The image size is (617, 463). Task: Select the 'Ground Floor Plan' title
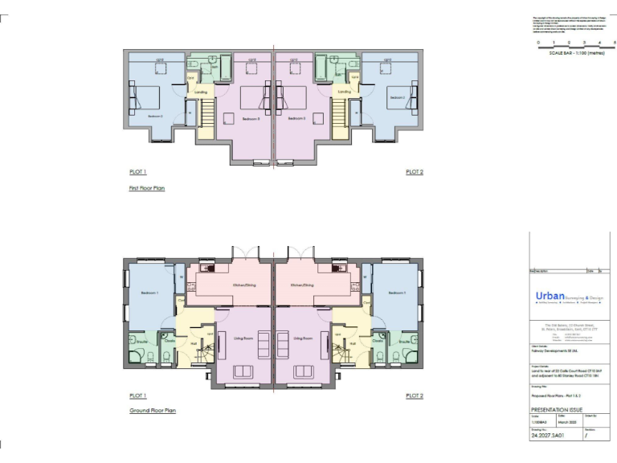(x=151, y=410)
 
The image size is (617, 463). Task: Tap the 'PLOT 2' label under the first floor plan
(x=415, y=172)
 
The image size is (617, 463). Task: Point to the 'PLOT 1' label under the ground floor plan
(x=137, y=395)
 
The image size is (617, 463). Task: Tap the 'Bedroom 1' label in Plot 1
(x=151, y=293)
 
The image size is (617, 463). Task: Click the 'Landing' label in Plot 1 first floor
(x=202, y=92)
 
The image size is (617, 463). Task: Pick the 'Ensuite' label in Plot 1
(x=141, y=341)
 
